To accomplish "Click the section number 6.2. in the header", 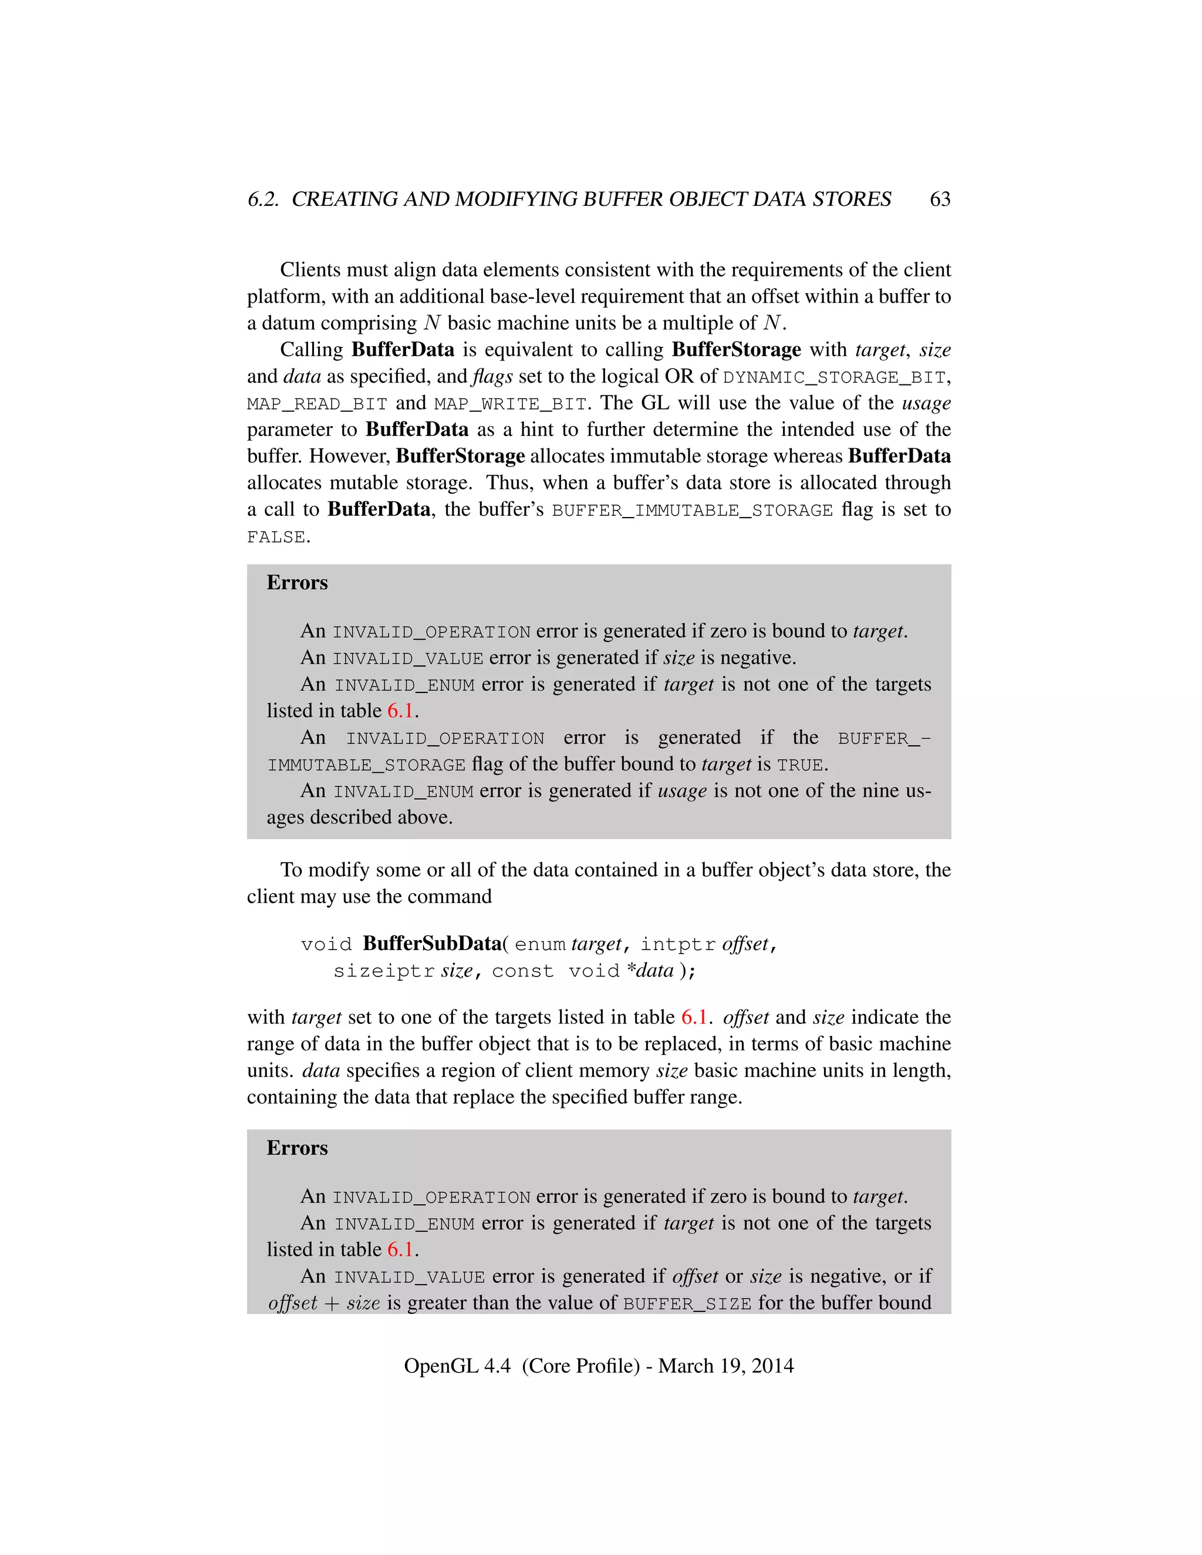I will pyautogui.click(x=263, y=200).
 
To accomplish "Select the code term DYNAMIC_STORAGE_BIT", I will pyautogui.click(x=834, y=377).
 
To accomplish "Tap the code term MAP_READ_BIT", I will pyautogui.click(x=317, y=404).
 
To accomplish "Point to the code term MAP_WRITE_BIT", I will pyautogui.click(x=510, y=404).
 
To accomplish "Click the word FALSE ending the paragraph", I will pyautogui.click(x=276, y=538).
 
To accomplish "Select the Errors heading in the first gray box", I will pyautogui.click(x=297, y=583).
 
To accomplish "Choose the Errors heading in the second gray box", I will pyautogui.click(x=297, y=1148).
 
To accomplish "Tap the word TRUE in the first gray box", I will pyautogui.click(x=800, y=765).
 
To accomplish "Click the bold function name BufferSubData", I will pyautogui.click(x=432, y=944).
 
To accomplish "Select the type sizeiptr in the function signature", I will pyautogui.click(x=384, y=971).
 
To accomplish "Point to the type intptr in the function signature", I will pyautogui.click(x=677, y=944).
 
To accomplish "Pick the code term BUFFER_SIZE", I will pyautogui.click(x=687, y=1304).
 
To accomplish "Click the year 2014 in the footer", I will pyautogui.click(x=772, y=1365).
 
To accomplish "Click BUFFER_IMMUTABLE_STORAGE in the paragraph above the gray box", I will pyautogui.click(x=692, y=511).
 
